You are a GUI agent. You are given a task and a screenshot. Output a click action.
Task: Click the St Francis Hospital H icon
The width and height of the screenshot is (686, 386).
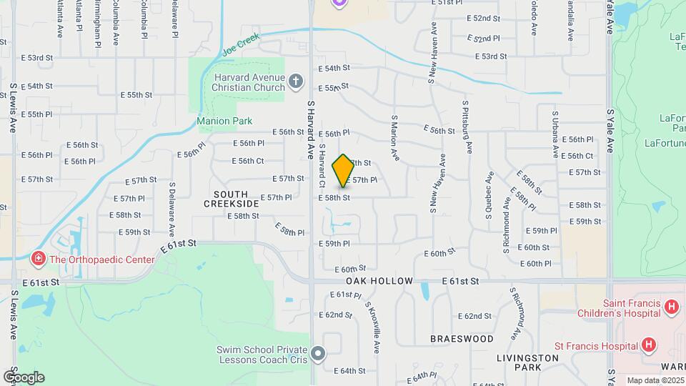pyautogui.click(x=648, y=346)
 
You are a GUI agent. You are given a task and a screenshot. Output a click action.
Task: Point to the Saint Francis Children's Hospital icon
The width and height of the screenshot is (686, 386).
pyautogui.click(x=671, y=307)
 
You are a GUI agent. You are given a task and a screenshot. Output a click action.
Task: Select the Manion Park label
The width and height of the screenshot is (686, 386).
pyautogui.click(x=224, y=121)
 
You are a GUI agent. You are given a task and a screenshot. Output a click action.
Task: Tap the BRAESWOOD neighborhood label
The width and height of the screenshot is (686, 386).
pyautogui.click(x=462, y=338)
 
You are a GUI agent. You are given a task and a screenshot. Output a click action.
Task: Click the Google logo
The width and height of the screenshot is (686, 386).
pyautogui.click(x=24, y=377)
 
